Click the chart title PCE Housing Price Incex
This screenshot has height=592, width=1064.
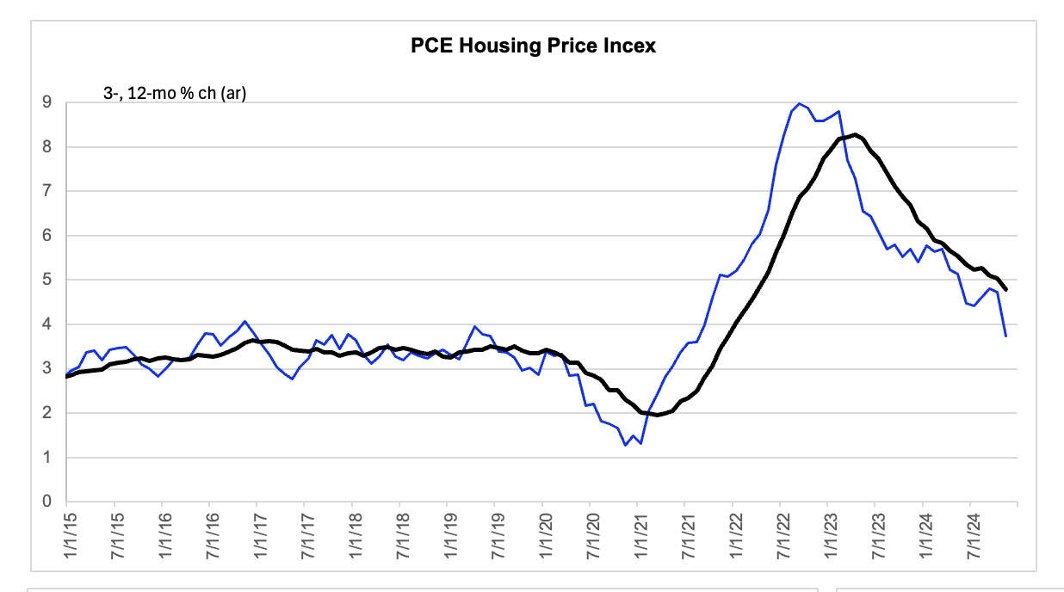coord(533,46)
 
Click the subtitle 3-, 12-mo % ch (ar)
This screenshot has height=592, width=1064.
coord(175,93)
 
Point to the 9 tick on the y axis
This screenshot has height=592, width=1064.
coord(46,102)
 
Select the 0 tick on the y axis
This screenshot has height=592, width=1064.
coord(46,502)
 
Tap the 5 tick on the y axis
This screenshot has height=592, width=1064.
coord(46,280)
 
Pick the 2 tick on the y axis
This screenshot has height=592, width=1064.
coord(46,412)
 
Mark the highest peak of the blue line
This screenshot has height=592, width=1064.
coord(800,103)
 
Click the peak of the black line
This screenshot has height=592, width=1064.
coord(856,135)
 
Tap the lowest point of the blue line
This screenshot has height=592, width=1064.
coord(626,446)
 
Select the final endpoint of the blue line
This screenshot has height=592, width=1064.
coord(1005,336)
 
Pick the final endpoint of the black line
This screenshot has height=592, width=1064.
coord(1005,289)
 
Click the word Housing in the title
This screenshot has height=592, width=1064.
coord(500,46)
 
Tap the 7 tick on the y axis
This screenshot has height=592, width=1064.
coord(46,191)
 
